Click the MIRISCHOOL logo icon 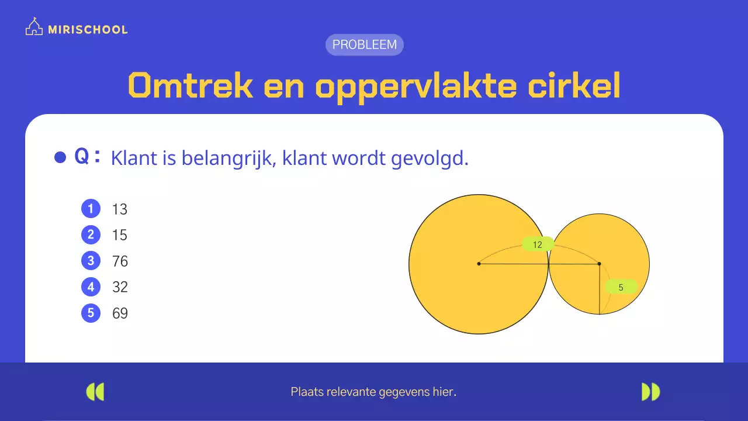(34, 27)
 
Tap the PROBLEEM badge (364, 44)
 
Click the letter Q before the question (82, 157)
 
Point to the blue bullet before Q (60, 157)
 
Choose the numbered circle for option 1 (91, 209)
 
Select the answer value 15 (120, 235)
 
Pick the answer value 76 (120, 261)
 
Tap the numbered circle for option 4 (91, 287)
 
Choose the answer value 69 (120, 313)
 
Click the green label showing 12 (538, 244)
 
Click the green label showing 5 (621, 287)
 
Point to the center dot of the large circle (479, 264)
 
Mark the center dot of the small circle (599, 264)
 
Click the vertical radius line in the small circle (600, 292)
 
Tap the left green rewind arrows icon (95, 392)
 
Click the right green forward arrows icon (650, 392)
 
